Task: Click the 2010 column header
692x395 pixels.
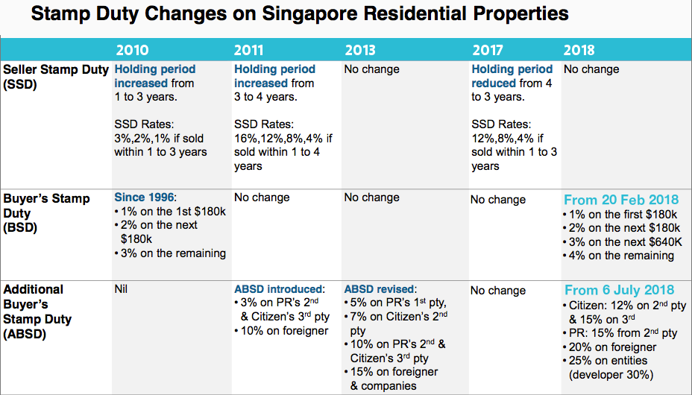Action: tap(131, 51)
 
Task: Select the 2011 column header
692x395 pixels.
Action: tap(249, 51)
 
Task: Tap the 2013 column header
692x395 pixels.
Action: tap(359, 51)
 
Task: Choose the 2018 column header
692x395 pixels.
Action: tap(579, 51)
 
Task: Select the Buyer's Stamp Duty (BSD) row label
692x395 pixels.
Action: tap(46, 213)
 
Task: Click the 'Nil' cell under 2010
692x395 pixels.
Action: tap(121, 289)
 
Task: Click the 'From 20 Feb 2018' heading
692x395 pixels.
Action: tap(621, 200)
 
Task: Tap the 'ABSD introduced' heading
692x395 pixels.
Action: tap(280, 289)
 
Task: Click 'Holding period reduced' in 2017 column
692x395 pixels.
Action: tap(512, 77)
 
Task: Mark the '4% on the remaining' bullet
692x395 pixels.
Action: tap(621, 256)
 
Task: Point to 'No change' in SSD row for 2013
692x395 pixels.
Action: tap(371, 69)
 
